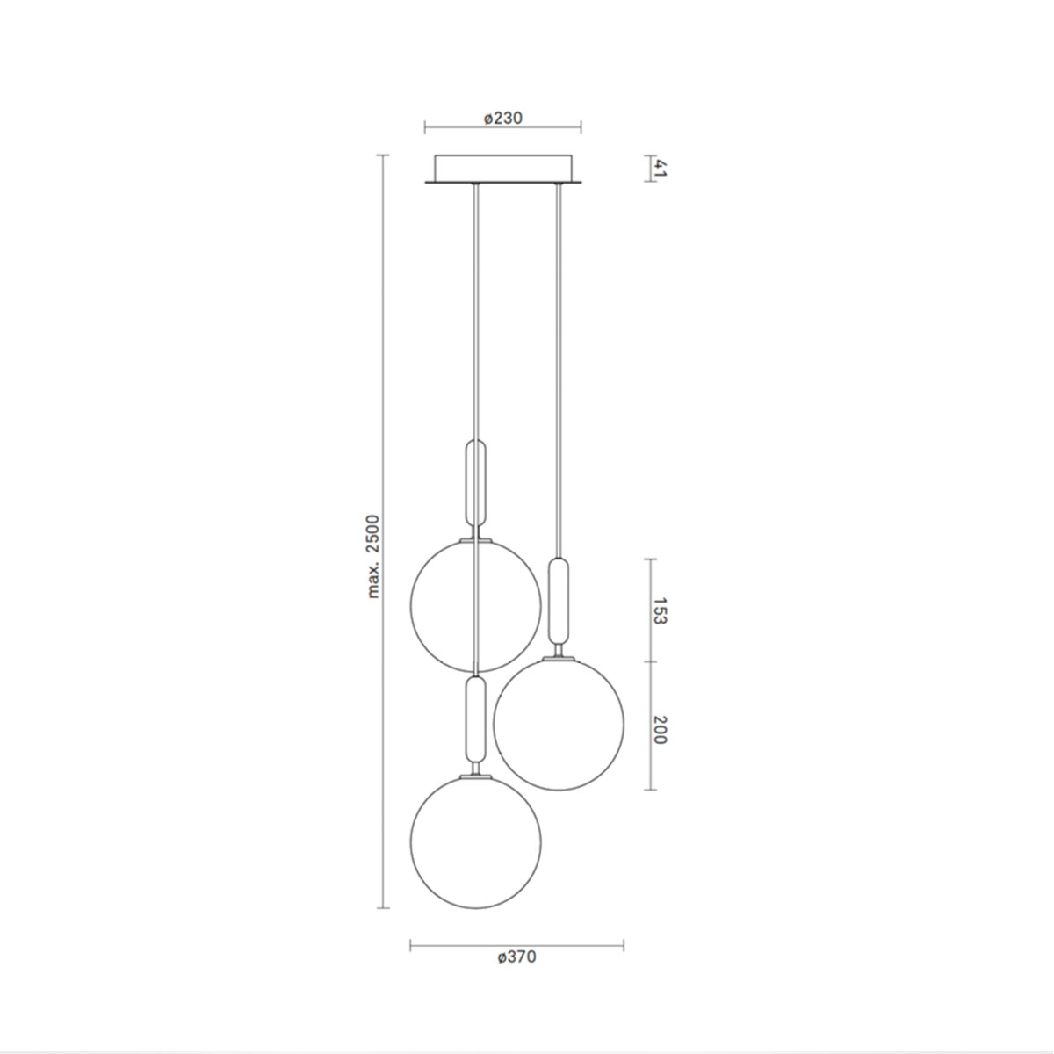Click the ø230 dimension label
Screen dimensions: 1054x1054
pyautogui.click(x=503, y=118)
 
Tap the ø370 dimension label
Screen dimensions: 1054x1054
pyautogui.click(x=516, y=957)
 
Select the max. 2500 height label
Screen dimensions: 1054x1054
pyautogui.click(x=374, y=556)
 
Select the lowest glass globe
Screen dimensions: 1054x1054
pyautogui.click(x=475, y=842)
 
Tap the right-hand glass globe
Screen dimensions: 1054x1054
pyautogui.click(x=559, y=723)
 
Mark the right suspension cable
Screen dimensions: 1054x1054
pyautogui.click(x=557, y=369)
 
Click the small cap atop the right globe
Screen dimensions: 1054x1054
pyautogui.click(x=557, y=657)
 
